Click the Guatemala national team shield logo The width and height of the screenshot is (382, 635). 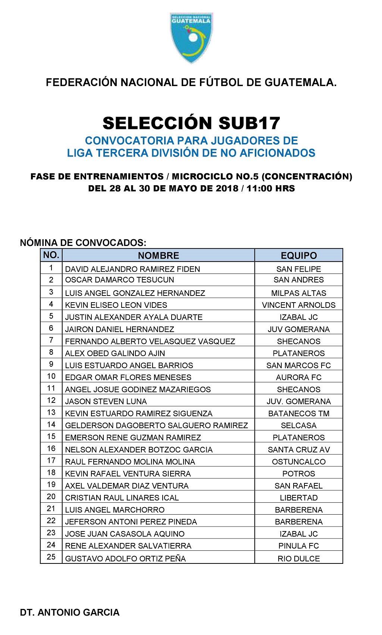click(x=191, y=37)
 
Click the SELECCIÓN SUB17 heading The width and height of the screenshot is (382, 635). click(x=191, y=123)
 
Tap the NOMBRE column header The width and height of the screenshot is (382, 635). click(x=159, y=256)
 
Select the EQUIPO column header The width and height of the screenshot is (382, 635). click(x=298, y=256)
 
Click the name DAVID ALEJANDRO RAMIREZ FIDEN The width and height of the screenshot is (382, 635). click(x=132, y=269)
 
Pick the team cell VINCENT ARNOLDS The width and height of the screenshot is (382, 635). click(x=298, y=305)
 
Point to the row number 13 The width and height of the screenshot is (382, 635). click(x=51, y=413)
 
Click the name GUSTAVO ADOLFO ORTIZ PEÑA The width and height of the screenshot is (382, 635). click(x=125, y=559)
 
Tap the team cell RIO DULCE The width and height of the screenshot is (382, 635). click(x=298, y=559)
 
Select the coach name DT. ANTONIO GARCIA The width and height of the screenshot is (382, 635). click(x=70, y=613)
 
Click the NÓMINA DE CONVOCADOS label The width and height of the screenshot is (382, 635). click(x=83, y=243)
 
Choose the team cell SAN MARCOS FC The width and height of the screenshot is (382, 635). click(x=298, y=366)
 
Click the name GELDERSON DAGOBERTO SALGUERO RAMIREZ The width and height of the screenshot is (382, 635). click(x=156, y=426)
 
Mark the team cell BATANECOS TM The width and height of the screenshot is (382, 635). click(x=298, y=414)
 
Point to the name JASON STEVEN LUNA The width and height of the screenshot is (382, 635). click(x=106, y=402)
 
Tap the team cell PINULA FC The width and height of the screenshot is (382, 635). click(x=298, y=546)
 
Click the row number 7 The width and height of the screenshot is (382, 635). click(x=51, y=340)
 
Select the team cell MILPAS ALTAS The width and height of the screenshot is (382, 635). click(x=298, y=293)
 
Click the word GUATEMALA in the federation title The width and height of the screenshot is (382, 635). click(x=300, y=82)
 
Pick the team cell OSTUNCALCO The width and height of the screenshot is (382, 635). click(x=298, y=462)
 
